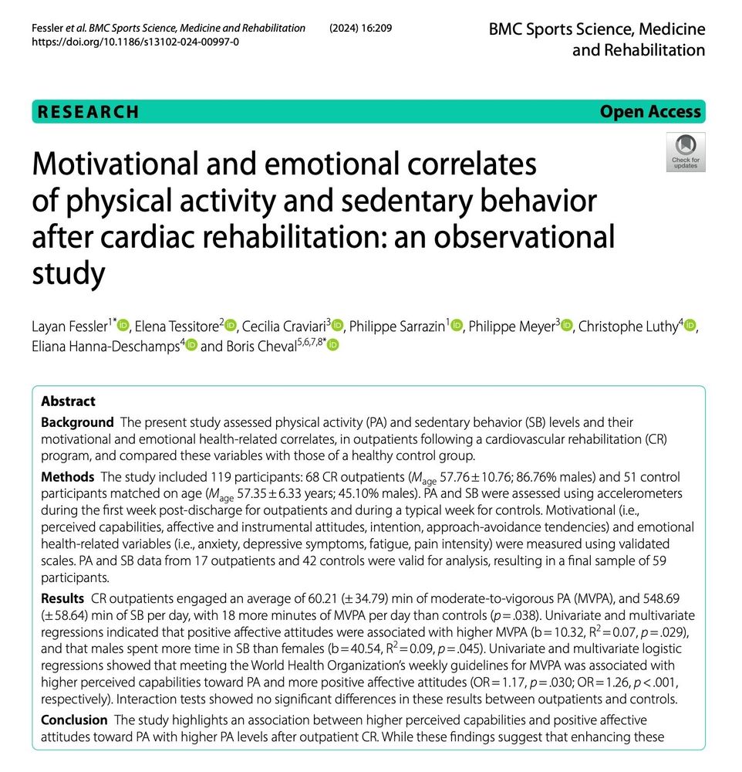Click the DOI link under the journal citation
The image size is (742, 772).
click(135, 42)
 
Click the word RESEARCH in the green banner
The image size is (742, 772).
click(89, 112)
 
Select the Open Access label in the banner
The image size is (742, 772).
click(650, 112)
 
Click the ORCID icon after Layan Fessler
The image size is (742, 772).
click(124, 327)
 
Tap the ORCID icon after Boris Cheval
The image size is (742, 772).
click(333, 347)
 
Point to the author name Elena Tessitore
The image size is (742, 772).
click(177, 327)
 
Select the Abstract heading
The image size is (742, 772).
click(68, 401)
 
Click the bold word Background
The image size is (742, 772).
click(77, 422)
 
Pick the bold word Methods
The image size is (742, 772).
click(67, 477)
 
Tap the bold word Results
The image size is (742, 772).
click(62, 599)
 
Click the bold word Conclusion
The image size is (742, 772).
click(74, 720)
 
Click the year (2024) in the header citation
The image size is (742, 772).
click(347, 28)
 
